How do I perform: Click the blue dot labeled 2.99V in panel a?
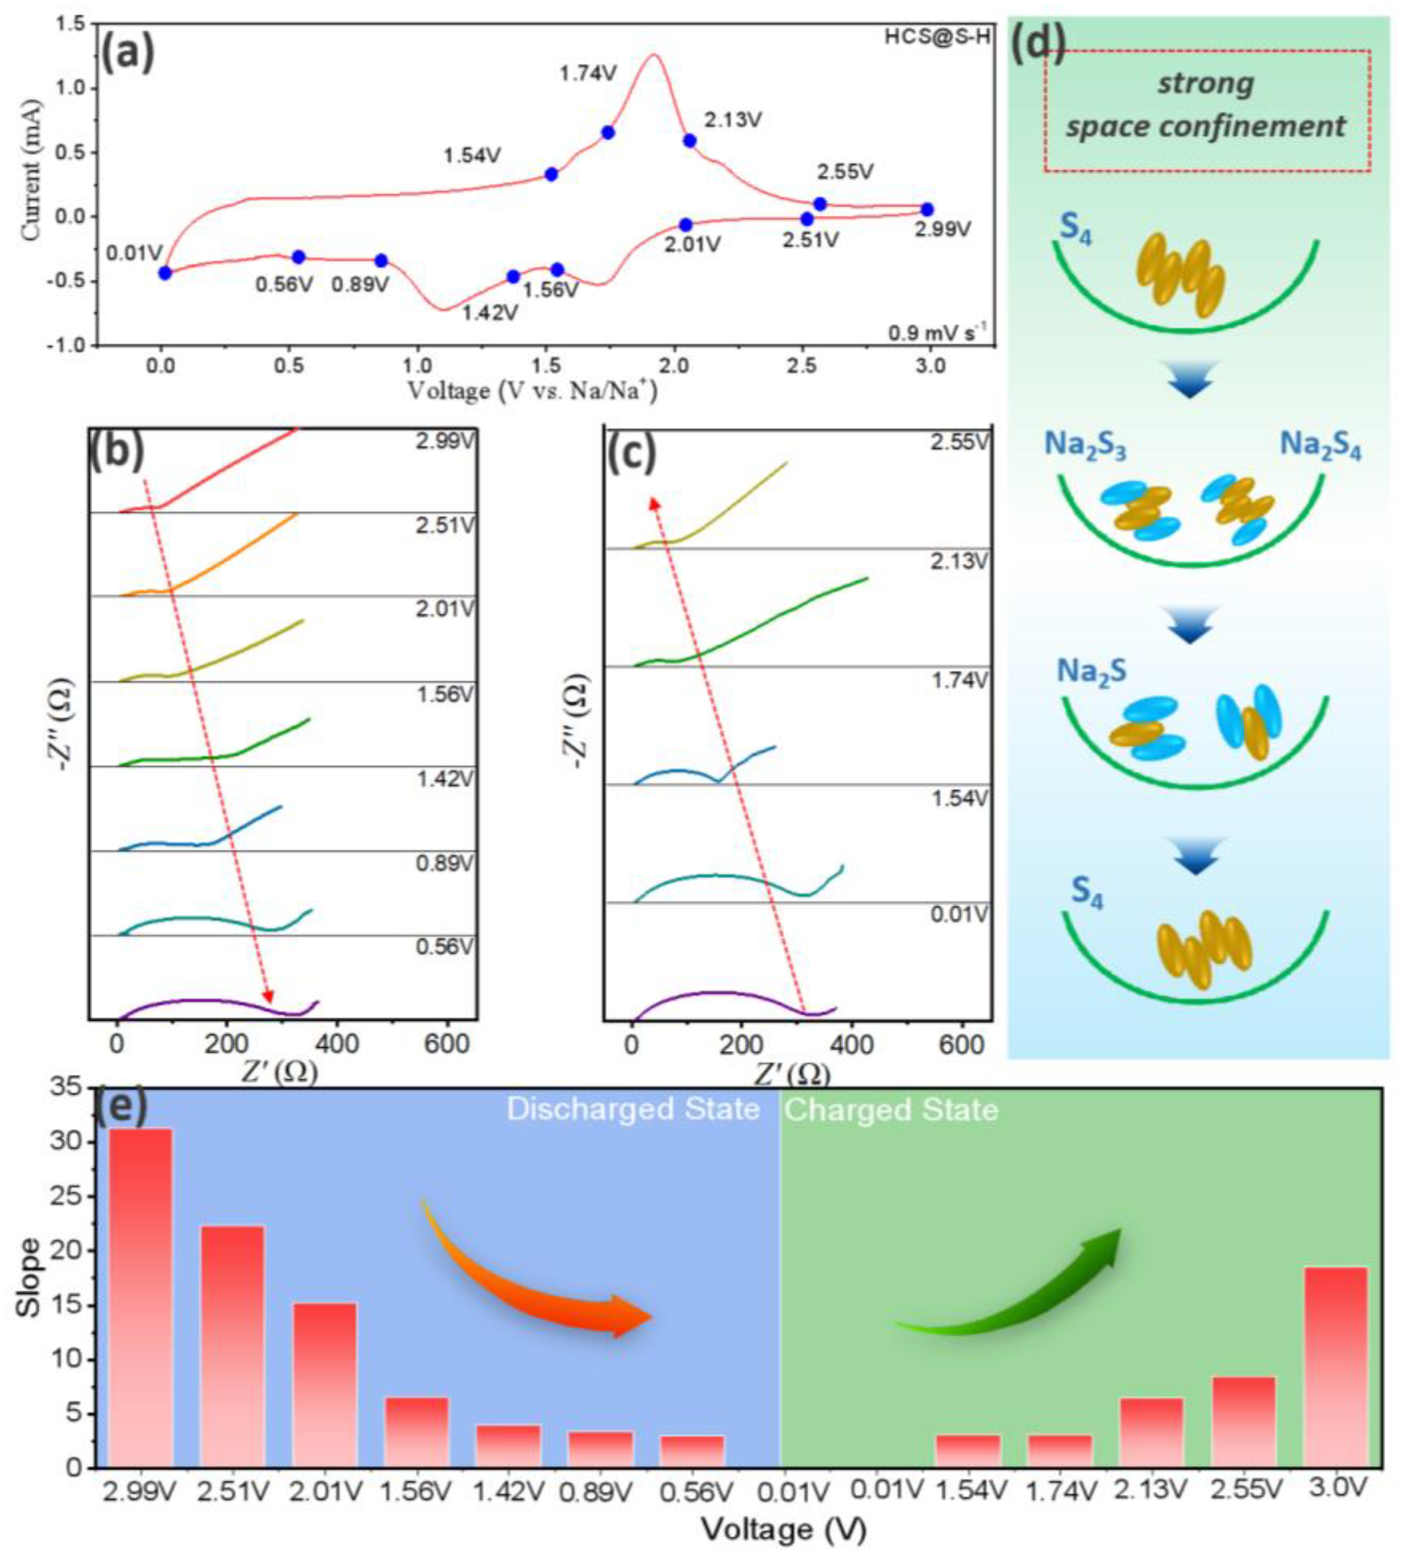(927, 209)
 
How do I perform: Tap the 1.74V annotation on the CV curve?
(588, 74)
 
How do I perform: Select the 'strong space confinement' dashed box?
(1207, 110)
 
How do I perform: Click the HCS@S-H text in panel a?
(937, 36)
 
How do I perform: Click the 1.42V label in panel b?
(444, 778)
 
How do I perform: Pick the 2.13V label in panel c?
(958, 561)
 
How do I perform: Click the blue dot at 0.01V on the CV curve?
(165, 272)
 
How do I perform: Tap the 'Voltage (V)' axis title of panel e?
(784, 1527)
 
